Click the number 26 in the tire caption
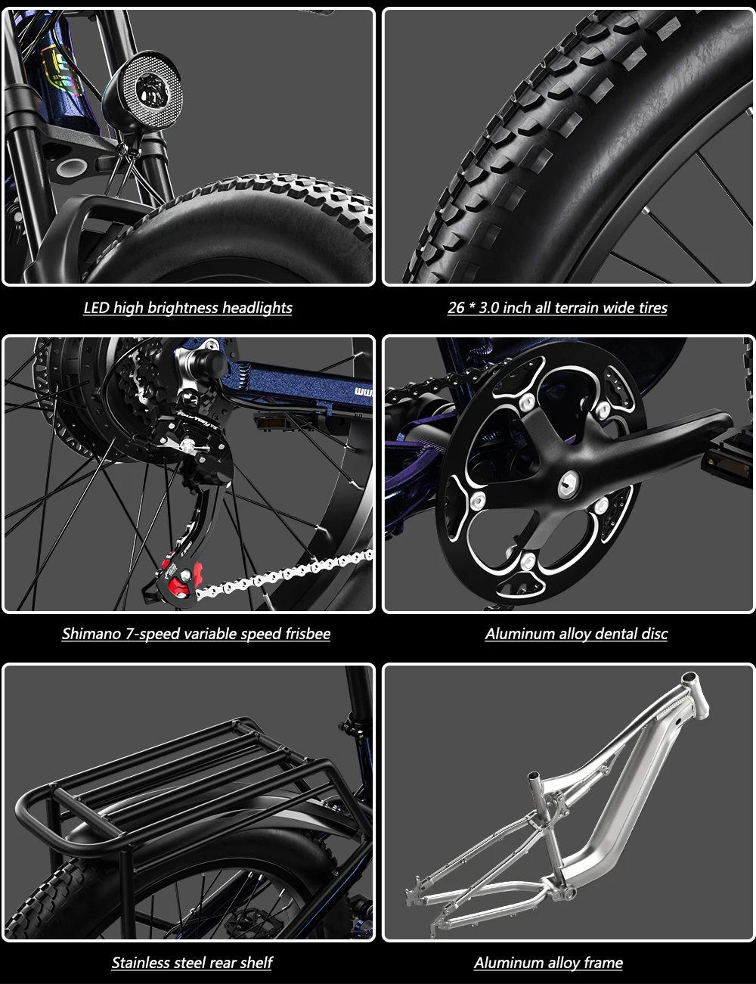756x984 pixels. coord(456,308)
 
